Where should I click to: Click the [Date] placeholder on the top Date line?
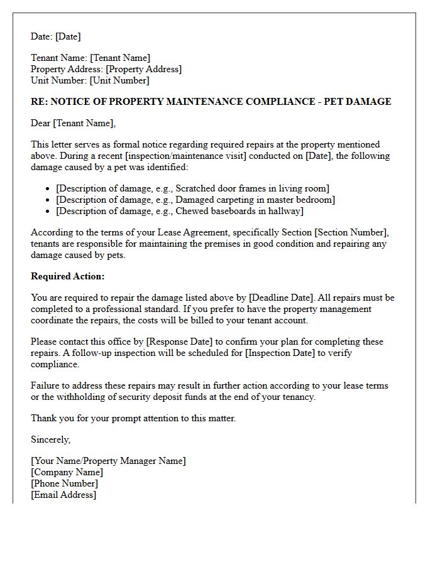pyautogui.click(x=68, y=36)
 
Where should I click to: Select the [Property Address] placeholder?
pyautogui.click(x=143, y=69)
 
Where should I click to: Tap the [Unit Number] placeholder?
pyautogui.click(x=119, y=80)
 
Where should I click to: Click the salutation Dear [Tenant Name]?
pyautogui.click(x=74, y=123)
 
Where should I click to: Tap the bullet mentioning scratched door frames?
pyautogui.click(x=192, y=188)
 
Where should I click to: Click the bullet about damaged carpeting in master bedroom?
pyautogui.click(x=195, y=200)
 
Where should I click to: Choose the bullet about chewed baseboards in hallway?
pyautogui.click(x=180, y=211)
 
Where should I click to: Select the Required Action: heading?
pyautogui.click(x=68, y=276)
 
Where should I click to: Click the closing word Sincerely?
pyautogui.click(x=50, y=440)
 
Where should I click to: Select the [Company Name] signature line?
pyautogui.click(x=67, y=472)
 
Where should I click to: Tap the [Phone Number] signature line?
pyautogui.click(x=65, y=483)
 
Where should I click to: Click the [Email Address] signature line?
pyautogui.click(x=64, y=495)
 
